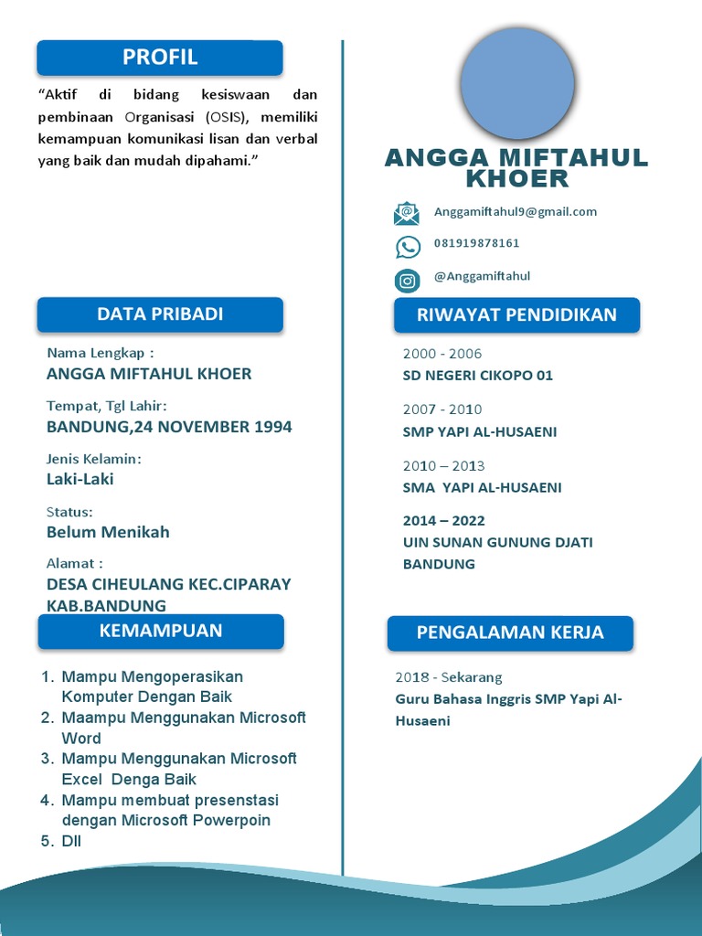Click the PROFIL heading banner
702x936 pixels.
pyautogui.click(x=160, y=58)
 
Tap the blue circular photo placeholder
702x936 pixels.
pyautogui.click(x=517, y=83)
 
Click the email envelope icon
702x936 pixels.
pyautogui.click(x=407, y=214)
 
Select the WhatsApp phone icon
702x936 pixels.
pyautogui.click(x=408, y=247)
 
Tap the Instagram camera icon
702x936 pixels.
pyautogui.click(x=408, y=281)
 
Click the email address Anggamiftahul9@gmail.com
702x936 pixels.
pyautogui.click(x=516, y=212)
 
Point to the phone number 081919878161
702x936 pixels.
pyautogui.click(x=477, y=243)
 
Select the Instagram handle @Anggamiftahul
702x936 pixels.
pyautogui.click(x=482, y=276)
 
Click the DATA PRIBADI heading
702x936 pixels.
pyautogui.click(x=160, y=314)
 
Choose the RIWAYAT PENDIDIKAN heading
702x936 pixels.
pyautogui.click(x=516, y=315)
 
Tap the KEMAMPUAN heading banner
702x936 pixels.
pyautogui.click(x=160, y=631)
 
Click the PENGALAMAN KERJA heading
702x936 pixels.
pyautogui.click(x=510, y=633)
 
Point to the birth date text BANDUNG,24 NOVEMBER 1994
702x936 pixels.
pyautogui.click(x=169, y=427)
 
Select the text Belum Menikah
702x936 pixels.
pyautogui.click(x=108, y=532)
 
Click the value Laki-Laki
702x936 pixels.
pyautogui.click(x=80, y=479)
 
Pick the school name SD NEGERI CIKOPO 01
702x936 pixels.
pyautogui.click(x=478, y=376)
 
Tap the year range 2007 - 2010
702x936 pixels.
pyautogui.click(x=442, y=409)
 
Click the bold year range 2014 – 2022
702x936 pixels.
pyautogui.click(x=444, y=521)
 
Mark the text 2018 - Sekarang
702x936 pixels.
pyautogui.click(x=449, y=677)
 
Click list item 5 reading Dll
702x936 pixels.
pyautogui.click(x=70, y=841)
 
